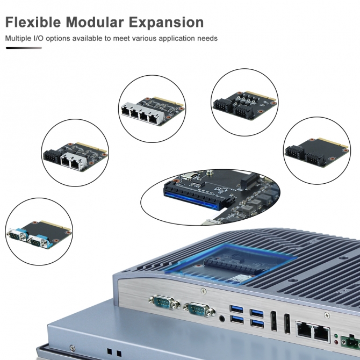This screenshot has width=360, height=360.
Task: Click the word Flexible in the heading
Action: pos(33,22)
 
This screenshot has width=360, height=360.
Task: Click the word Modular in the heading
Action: pos(95,22)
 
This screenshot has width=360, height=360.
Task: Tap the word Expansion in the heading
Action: pos(166,23)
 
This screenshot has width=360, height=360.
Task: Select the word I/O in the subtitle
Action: pos(38,38)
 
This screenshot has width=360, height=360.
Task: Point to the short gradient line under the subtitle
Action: pos(24,48)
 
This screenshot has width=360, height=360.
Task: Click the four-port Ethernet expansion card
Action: pos(153,111)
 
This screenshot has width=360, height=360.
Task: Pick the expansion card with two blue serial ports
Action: pos(39,234)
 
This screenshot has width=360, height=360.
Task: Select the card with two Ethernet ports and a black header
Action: pos(75,156)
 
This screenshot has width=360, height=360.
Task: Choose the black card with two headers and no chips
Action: pos(317,152)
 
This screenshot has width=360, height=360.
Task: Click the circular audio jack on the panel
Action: pos(222,319)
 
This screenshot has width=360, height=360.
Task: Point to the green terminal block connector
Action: pos(350,342)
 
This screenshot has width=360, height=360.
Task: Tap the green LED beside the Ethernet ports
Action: pos(336,336)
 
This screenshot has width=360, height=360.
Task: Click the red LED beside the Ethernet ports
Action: pos(336,342)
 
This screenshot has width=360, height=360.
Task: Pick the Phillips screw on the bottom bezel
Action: pos(73,348)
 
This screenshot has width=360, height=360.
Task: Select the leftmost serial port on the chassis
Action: pos(164,302)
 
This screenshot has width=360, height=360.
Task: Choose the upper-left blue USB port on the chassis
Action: pos(236,309)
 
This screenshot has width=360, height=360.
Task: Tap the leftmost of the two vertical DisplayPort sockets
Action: pos(273,321)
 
